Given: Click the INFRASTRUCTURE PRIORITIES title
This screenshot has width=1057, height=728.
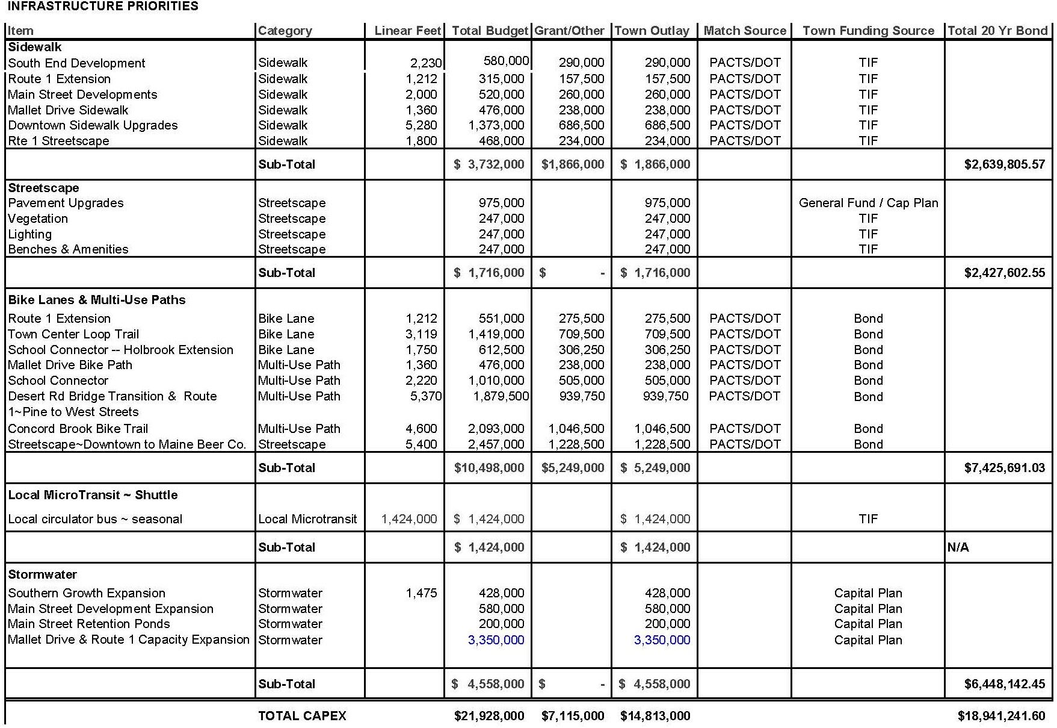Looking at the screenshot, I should pyautogui.click(x=103, y=7).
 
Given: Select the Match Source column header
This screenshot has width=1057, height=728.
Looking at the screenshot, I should pyautogui.click(x=745, y=31).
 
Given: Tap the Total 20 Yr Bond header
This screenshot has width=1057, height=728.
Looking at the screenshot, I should pyautogui.click(x=997, y=31).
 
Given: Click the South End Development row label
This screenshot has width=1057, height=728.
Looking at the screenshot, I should pyautogui.click(x=76, y=63).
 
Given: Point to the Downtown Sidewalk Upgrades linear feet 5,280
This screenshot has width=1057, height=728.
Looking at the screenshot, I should pyautogui.click(x=421, y=125).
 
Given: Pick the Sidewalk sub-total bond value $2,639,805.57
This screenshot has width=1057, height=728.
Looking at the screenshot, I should pyautogui.click(x=1004, y=164).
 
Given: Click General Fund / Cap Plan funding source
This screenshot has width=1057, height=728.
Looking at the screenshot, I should pyautogui.click(x=868, y=203).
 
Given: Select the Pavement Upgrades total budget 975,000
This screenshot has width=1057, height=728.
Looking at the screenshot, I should pyautogui.click(x=501, y=203).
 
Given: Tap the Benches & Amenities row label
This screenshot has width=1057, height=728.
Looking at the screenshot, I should pyautogui.click(x=68, y=249).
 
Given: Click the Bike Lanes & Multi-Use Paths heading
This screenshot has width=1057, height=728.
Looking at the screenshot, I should pyautogui.click(x=97, y=300).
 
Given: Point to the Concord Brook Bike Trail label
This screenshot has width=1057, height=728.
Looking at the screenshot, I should pyautogui.click(x=78, y=429).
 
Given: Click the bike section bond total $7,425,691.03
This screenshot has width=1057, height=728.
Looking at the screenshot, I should pyautogui.click(x=1004, y=468).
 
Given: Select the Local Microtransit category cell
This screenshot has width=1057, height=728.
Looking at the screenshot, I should pyautogui.click(x=307, y=519).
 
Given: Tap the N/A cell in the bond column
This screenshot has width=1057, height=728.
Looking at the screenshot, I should pyautogui.click(x=958, y=547).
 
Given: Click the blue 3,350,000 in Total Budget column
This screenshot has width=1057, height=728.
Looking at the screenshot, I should pyautogui.click(x=496, y=640).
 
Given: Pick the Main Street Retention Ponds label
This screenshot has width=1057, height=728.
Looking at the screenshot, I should pyautogui.click(x=89, y=624).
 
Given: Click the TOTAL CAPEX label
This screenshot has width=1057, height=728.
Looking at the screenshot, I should pyautogui.click(x=302, y=716).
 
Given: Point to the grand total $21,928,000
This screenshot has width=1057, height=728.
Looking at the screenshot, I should pyautogui.click(x=489, y=716).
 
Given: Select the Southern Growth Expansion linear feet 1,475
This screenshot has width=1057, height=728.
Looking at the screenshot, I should pyautogui.click(x=421, y=593).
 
